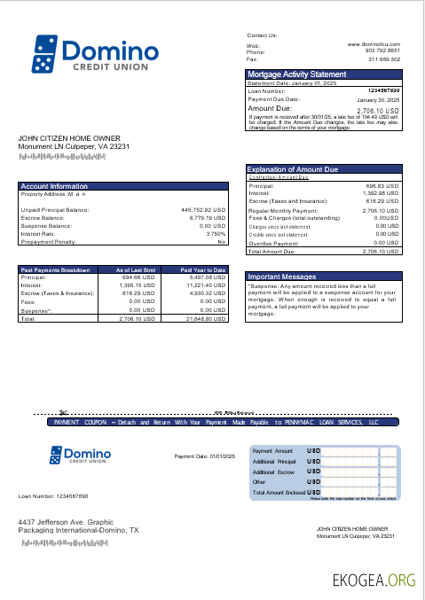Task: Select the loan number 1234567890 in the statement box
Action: pos(382,90)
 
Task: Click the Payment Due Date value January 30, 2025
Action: pos(379,99)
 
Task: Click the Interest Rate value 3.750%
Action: pos(216,233)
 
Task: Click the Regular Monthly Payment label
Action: pos(283,211)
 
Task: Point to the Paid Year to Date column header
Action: pos(204,269)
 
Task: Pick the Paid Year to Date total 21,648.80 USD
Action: pos(204,318)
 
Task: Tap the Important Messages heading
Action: pos(281,277)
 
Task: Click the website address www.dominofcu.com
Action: pos(374,43)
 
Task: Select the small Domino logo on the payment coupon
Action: pos(85,456)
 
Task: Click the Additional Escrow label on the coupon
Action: pos(273,471)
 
